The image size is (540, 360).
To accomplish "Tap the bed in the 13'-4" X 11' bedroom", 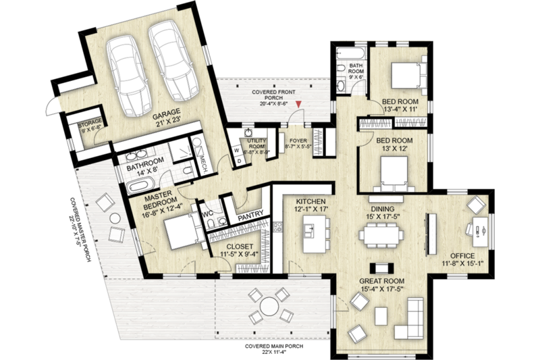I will click(404, 72).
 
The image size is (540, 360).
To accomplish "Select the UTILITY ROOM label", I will click(258, 144).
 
